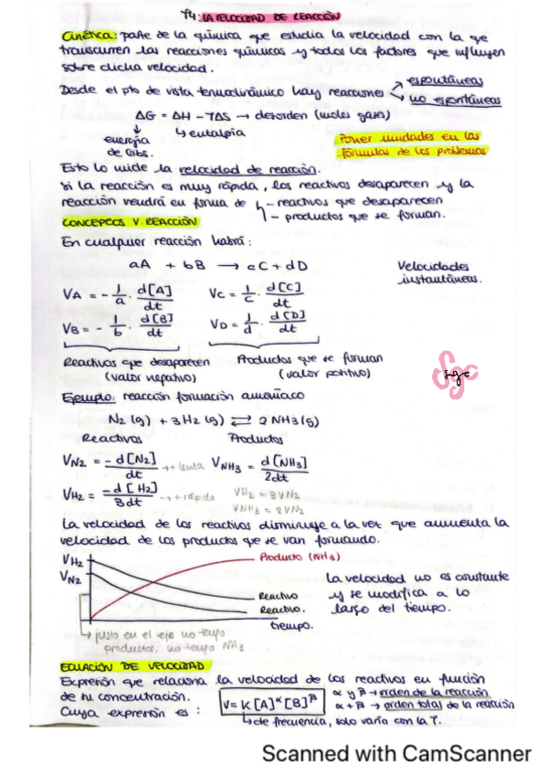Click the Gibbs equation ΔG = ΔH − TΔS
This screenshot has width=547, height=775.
(157, 117)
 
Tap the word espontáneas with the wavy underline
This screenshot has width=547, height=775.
(458, 80)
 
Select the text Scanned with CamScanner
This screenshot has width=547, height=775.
(397, 754)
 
